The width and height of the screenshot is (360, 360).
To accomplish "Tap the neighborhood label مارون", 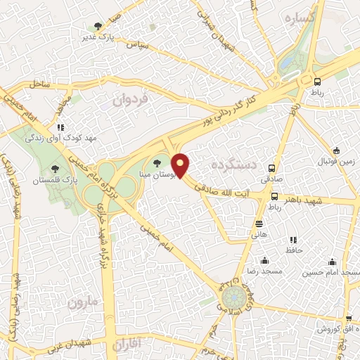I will [x=86, y=303].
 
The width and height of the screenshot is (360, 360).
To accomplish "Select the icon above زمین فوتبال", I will [x=336, y=150].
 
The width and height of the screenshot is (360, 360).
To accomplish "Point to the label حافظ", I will [x=293, y=250].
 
